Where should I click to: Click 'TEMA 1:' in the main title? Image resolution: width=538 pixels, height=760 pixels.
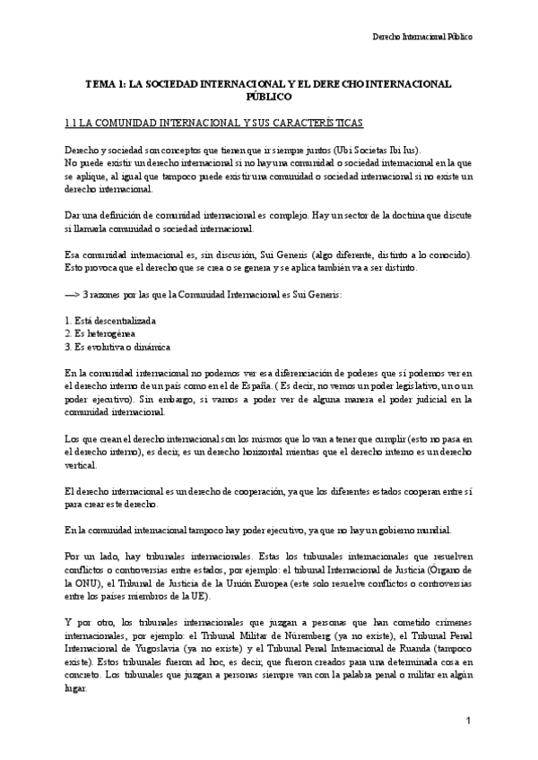coord(105,83)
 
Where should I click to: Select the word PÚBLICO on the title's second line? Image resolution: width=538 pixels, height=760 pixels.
coord(268,95)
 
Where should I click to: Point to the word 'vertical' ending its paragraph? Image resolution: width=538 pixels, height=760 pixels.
coord(82,456)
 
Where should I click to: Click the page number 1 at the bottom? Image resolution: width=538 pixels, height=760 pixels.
coord(469,721)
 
